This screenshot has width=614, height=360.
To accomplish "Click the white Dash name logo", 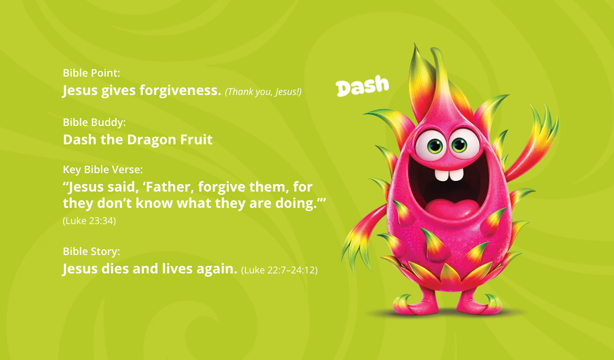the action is click(x=362, y=86).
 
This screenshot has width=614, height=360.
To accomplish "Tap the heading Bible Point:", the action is click(x=92, y=73).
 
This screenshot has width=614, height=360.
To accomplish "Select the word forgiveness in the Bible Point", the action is click(x=181, y=90).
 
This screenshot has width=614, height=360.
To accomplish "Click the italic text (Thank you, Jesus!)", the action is click(x=263, y=92).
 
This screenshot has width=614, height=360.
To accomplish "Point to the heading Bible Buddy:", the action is click(x=94, y=122).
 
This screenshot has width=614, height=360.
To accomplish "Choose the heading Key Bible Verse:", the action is click(x=103, y=170).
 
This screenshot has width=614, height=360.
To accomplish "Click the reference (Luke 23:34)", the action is click(x=89, y=221).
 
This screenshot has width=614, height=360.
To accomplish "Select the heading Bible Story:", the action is click(x=92, y=251).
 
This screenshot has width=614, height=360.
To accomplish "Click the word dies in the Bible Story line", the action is click(x=115, y=269).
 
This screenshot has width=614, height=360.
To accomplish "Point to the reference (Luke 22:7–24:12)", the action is click(x=279, y=270).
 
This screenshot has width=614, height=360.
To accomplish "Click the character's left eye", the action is click(x=432, y=144).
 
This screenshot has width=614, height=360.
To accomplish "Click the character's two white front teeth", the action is click(x=449, y=174).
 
